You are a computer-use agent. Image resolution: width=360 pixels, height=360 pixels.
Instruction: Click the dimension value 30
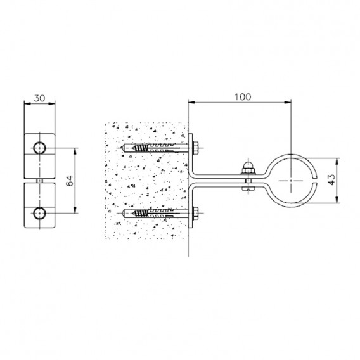point(39,98)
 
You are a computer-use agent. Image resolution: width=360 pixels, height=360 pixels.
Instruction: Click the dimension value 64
point(70,181)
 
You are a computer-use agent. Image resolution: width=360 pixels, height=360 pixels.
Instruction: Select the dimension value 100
point(243,97)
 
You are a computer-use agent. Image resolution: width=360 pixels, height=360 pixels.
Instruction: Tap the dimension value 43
point(331,180)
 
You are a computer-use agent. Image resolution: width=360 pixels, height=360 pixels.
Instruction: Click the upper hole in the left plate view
point(39,148)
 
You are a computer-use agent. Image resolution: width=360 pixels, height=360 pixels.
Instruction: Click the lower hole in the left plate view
point(39,214)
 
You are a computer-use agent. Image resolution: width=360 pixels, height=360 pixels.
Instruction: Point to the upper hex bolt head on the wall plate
point(196,148)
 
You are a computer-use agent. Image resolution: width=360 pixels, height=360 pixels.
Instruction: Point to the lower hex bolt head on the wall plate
point(196,214)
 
